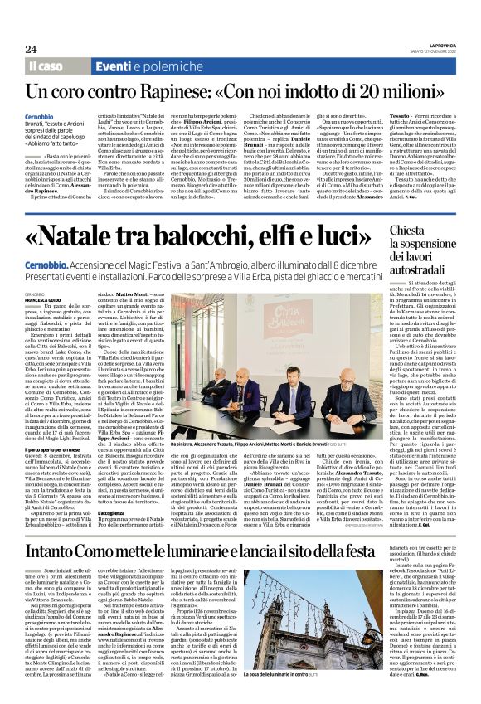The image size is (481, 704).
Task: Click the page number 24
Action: [31, 49]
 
